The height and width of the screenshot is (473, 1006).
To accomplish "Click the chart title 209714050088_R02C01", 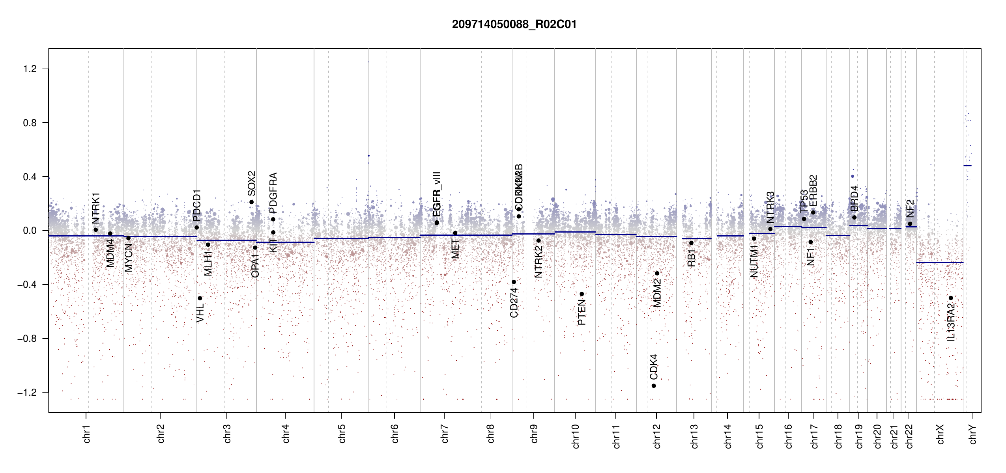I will (514, 24).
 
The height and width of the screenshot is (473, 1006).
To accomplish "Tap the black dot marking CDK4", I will (654, 385).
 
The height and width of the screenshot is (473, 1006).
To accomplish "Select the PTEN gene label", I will (582, 312).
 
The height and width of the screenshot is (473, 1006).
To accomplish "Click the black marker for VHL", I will (200, 298).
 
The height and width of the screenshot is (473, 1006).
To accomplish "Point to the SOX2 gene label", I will (252, 183).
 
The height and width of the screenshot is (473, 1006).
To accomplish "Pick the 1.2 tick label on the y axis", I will (30, 69).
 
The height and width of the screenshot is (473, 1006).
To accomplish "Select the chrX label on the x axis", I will (940, 434).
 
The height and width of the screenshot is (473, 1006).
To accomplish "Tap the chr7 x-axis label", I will (445, 434).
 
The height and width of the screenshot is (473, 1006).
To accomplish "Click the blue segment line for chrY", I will (967, 166).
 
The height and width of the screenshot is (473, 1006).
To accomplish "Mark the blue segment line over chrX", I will (939, 263).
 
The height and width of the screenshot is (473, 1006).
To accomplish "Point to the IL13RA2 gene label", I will (951, 322).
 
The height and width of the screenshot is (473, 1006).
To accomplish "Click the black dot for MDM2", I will (657, 273).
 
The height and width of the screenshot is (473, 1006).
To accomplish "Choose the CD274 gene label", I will (514, 302).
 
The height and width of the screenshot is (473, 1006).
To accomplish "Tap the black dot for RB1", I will (691, 243).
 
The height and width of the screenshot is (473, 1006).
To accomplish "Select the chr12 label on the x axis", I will (657, 436).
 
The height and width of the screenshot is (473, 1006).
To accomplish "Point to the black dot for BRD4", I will (854, 217).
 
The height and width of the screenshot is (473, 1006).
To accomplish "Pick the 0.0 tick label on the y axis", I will (30, 231).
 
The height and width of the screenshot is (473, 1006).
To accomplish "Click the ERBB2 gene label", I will (813, 190).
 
